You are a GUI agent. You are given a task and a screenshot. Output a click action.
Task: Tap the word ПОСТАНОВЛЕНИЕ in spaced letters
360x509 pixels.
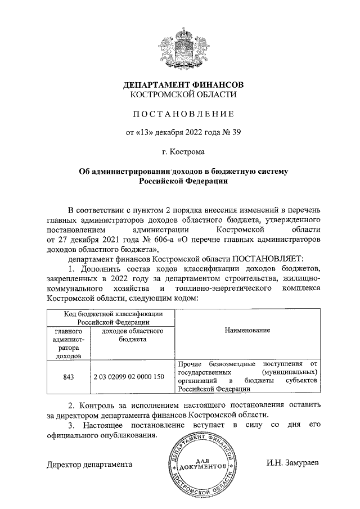[x=183, y=114]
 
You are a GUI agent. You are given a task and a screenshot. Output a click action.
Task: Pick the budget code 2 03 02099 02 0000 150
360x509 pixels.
[x=129, y=376]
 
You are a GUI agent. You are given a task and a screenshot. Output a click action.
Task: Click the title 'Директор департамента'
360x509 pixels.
[x=90, y=465]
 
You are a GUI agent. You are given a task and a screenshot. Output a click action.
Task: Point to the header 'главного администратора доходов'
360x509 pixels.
[x=67, y=344]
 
